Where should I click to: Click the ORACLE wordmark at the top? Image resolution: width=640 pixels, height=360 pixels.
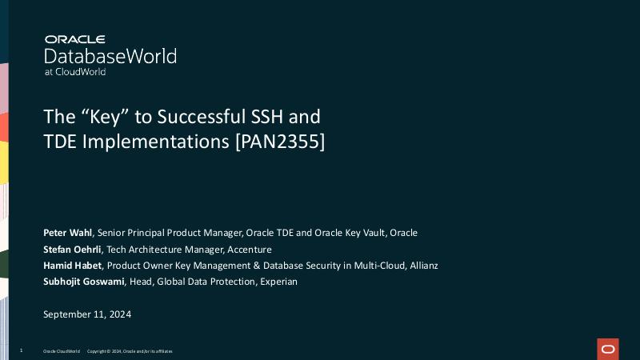75,39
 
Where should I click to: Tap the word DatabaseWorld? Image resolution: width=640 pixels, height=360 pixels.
110,56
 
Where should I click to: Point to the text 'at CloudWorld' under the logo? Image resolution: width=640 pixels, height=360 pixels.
75,72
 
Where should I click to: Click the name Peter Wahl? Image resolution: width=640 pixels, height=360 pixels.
68,233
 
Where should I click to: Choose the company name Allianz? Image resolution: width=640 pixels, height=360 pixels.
421,266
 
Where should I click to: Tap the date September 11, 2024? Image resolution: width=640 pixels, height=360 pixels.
87,314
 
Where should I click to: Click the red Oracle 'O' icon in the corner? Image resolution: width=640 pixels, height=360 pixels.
608,349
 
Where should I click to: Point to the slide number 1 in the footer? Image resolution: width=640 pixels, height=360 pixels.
21,351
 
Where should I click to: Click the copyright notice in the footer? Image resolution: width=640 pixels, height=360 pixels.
129,351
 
